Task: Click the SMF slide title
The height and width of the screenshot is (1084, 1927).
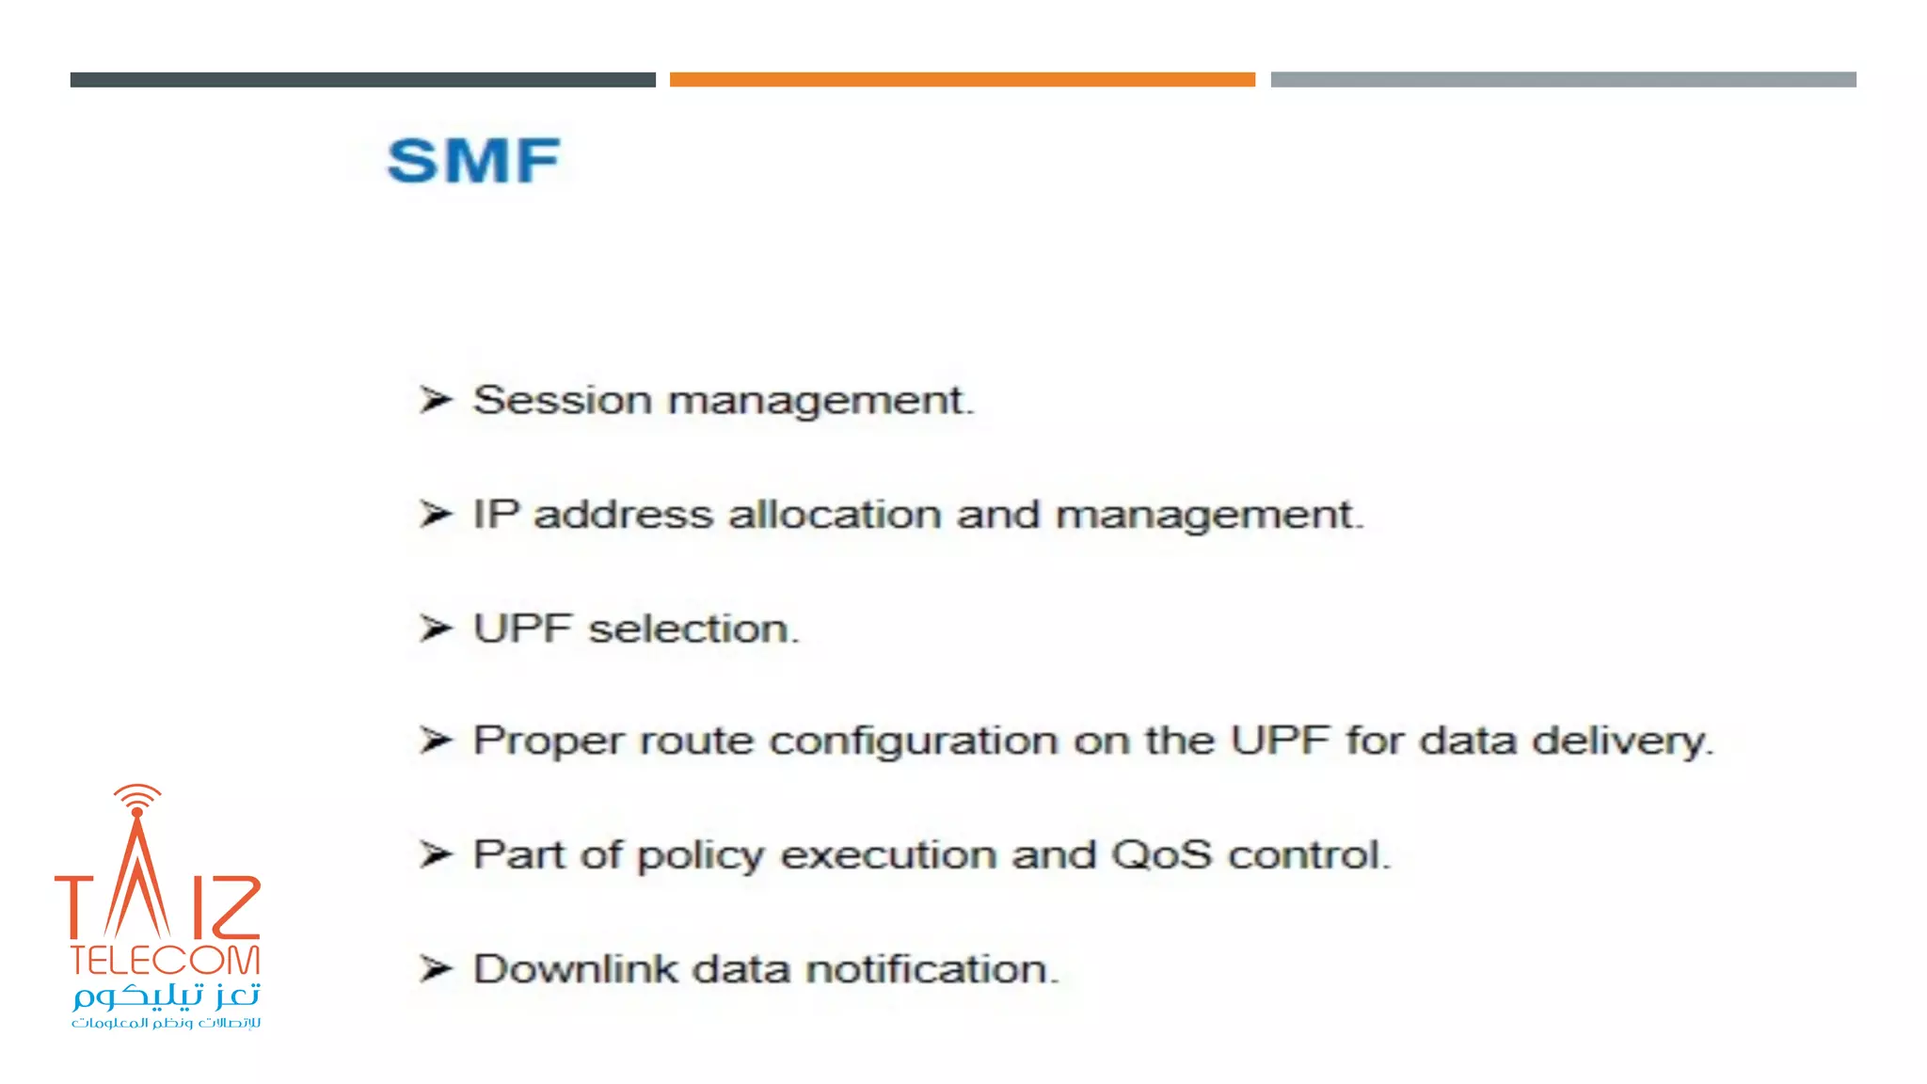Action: tap(473, 161)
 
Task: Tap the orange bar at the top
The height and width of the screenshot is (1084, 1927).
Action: tap(962, 80)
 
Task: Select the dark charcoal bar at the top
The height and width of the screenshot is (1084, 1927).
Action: tap(362, 80)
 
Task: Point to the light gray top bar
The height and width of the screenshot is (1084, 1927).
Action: tap(1563, 80)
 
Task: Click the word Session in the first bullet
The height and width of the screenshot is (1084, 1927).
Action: tap(563, 400)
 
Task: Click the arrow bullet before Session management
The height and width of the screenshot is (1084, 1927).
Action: tap(436, 400)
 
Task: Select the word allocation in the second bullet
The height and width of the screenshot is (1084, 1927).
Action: tap(835, 515)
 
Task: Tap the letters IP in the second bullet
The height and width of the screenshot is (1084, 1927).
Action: tap(496, 515)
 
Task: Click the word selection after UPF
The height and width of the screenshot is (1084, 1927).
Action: tap(693, 629)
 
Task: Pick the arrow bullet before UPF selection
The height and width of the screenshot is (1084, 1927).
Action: tap(436, 628)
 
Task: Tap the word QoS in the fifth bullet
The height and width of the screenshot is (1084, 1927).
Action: tap(1161, 855)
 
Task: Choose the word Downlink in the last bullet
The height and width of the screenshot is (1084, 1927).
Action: tap(575, 969)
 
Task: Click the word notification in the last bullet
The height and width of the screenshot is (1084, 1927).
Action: tap(932, 969)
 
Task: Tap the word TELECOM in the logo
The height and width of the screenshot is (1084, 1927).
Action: tap(165, 961)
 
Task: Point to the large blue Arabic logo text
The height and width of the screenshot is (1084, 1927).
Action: tap(167, 996)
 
